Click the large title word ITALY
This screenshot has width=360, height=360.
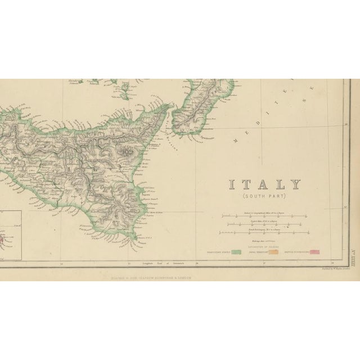[264, 184]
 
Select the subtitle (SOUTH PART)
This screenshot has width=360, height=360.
[264, 196]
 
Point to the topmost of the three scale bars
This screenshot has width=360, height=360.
[264, 216]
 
